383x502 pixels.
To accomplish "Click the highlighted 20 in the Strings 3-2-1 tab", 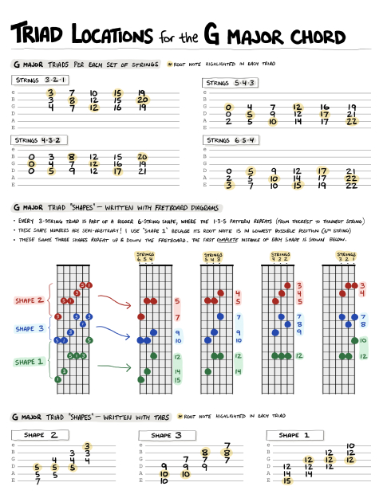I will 141,100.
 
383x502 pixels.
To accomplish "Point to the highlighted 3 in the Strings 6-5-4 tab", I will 230,185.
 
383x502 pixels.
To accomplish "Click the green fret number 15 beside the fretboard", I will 176,380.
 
